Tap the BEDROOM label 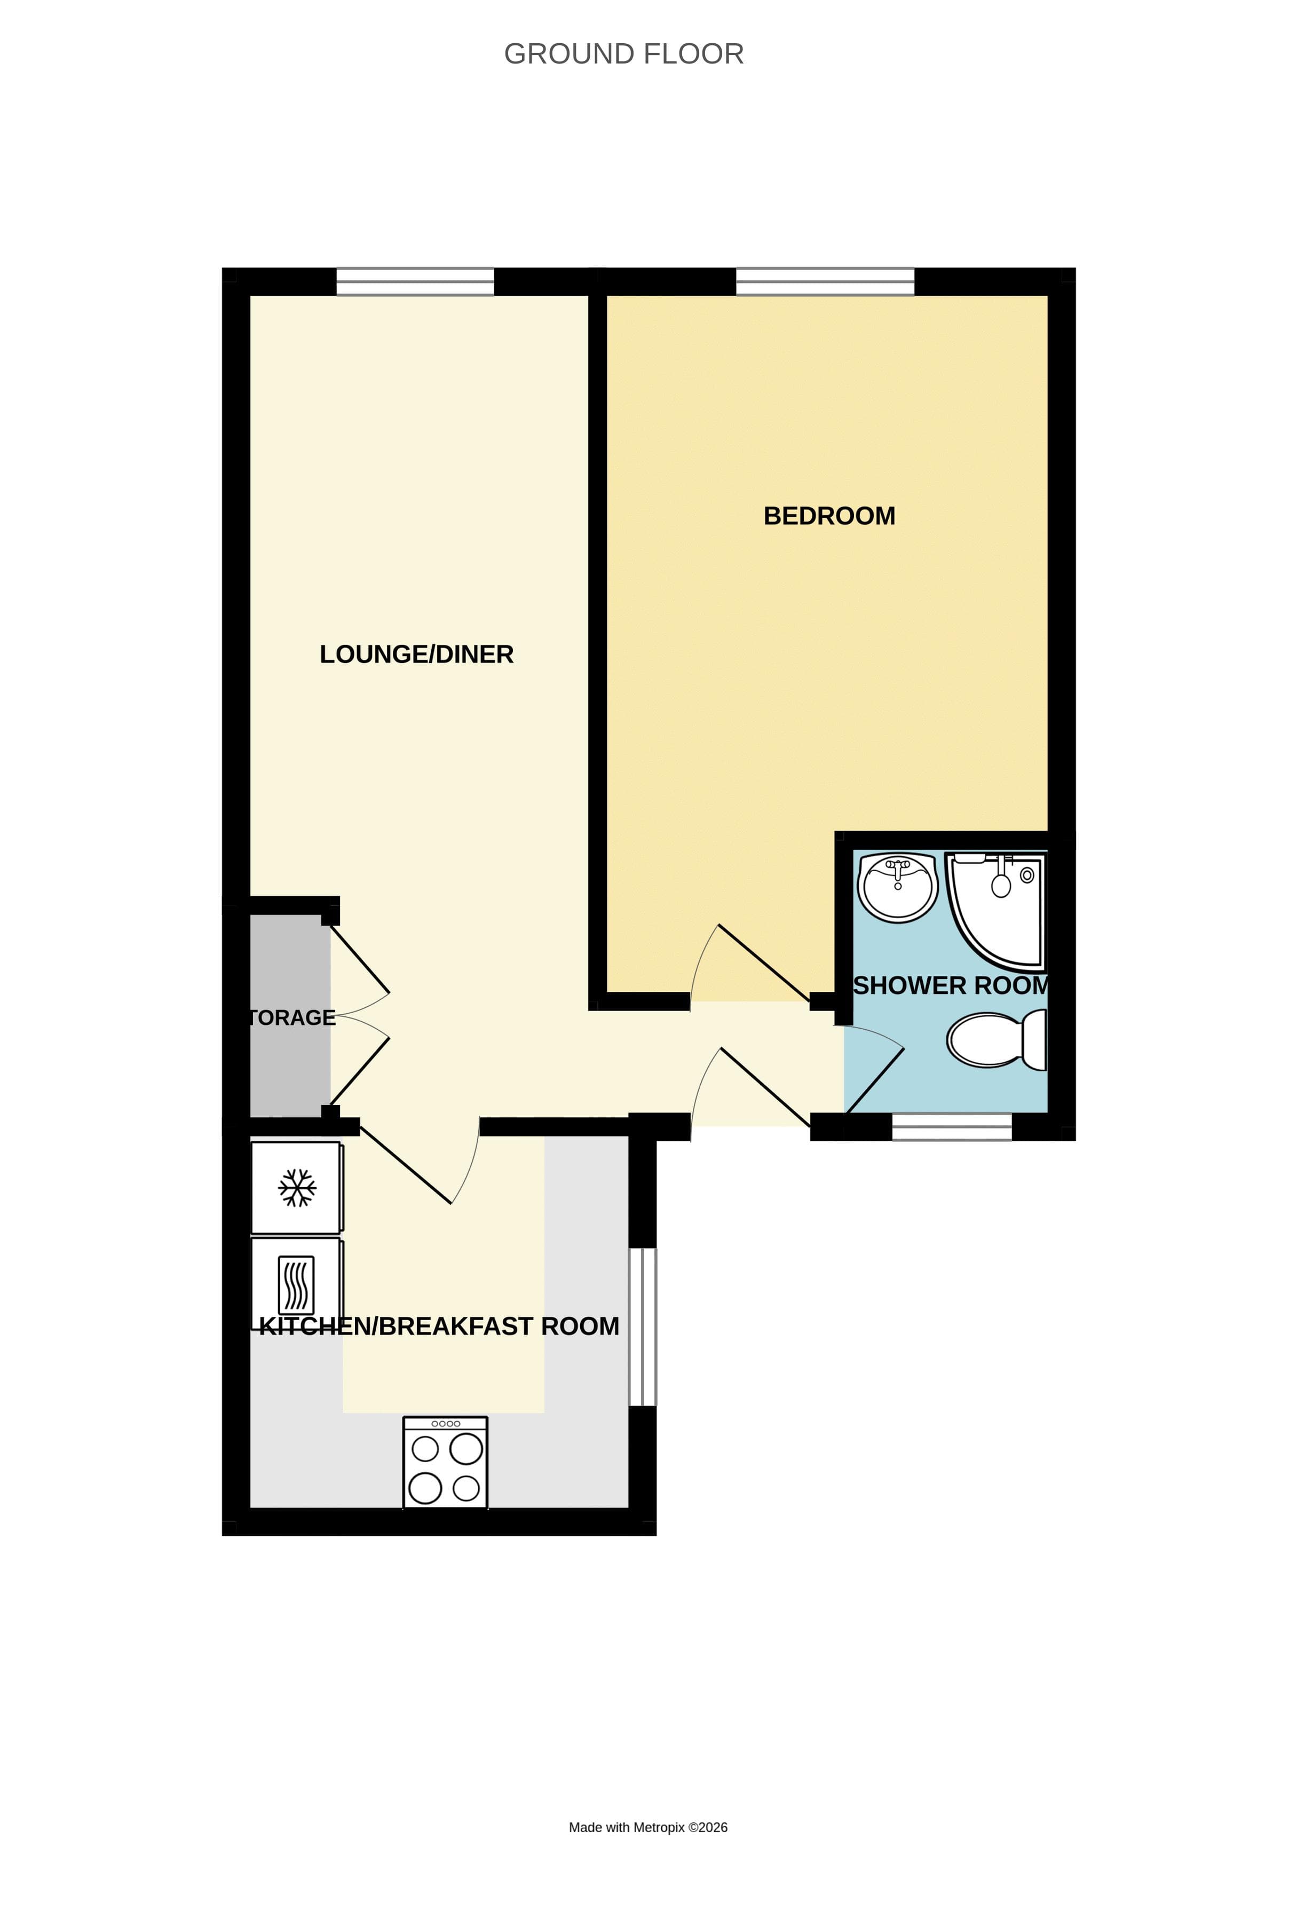pos(828,516)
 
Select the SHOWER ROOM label pos(950,985)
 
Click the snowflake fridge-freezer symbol pos(297,1188)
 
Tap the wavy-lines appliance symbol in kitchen pos(296,1284)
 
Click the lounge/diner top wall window pos(415,282)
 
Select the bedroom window pos(825,282)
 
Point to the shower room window pos(951,1127)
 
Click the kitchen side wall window pos(642,1327)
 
